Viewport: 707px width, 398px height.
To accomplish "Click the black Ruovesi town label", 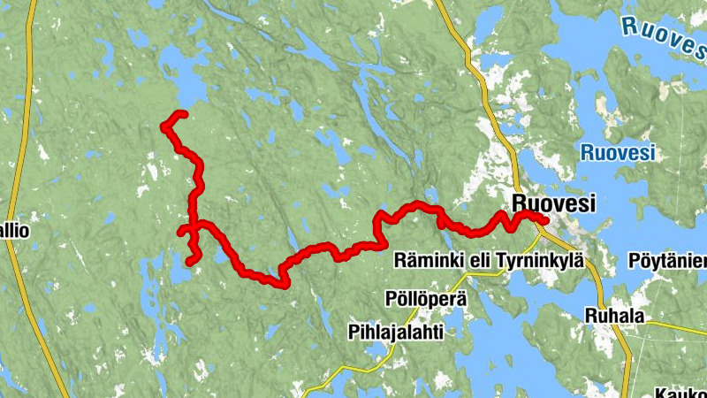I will point(553,204).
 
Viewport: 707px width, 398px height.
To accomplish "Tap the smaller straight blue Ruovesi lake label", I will point(618,152).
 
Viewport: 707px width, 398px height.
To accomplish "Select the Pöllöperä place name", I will point(426,298).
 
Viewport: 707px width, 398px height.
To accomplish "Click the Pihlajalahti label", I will point(393,333).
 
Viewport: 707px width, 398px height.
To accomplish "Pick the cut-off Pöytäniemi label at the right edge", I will point(666,261).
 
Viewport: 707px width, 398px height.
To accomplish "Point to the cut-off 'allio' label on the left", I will point(15,232).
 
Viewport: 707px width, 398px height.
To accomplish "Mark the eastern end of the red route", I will point(544,222).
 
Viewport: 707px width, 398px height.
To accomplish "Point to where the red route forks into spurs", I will point(194,225).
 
